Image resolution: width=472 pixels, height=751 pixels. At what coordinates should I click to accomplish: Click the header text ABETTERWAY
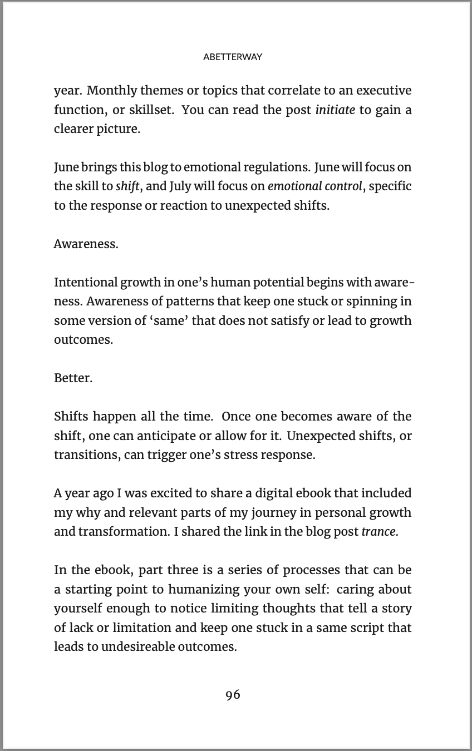point(233,57)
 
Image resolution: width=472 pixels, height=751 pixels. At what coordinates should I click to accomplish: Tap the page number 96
point(233,694)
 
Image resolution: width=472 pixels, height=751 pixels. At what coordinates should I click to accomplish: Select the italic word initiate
point(335,110)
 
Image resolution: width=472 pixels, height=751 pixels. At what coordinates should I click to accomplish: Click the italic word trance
point(378,531)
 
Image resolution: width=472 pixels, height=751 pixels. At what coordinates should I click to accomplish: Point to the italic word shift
point(127,186)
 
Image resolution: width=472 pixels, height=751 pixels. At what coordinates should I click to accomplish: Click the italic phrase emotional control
point(315,186)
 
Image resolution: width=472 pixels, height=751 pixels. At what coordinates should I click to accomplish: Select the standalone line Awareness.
point(86,244)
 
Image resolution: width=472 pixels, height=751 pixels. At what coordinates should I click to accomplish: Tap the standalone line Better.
point(73,378)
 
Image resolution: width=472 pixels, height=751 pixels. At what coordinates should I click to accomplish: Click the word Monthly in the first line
point(111,90)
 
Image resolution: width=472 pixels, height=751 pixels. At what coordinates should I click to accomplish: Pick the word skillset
point(150,110)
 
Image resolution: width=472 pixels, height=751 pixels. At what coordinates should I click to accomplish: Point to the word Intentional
point(86,282)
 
